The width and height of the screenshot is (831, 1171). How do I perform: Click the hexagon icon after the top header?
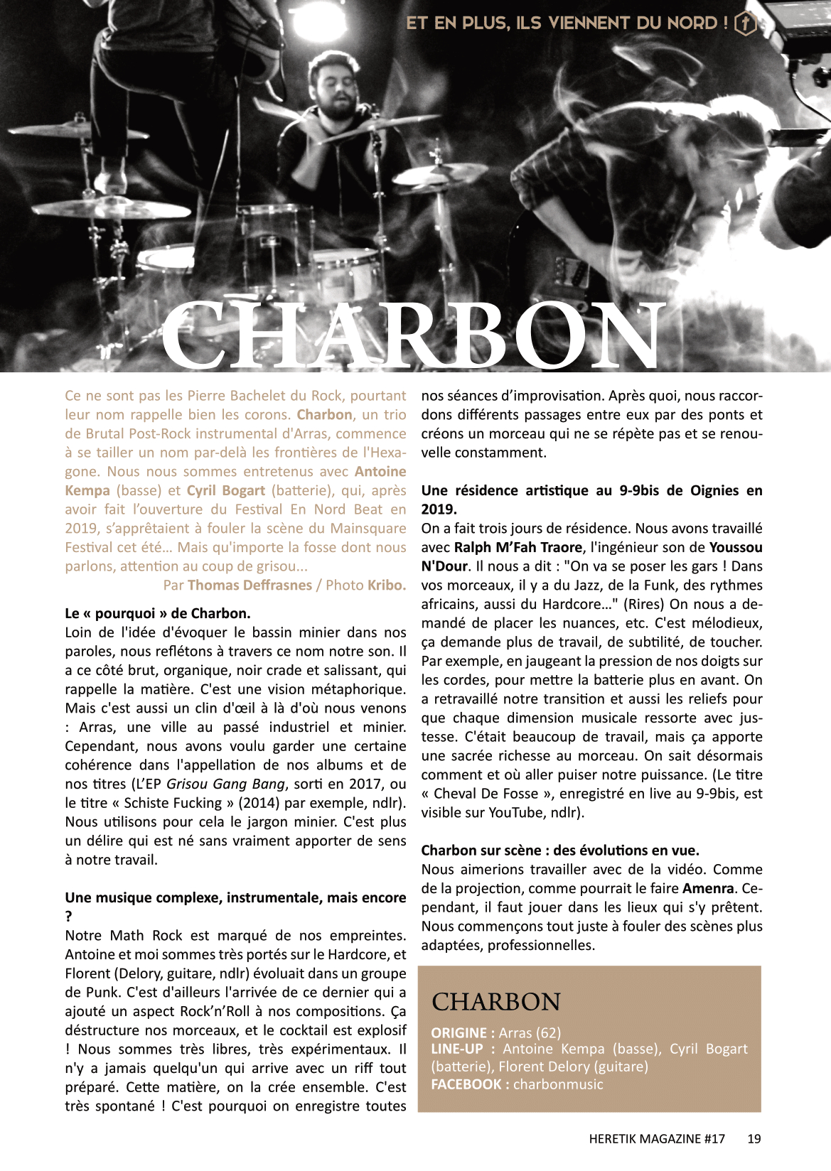[x=744, y=23]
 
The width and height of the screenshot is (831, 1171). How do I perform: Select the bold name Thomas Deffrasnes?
[x=250, y=585]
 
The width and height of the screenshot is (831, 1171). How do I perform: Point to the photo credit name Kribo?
[x=387, y=585]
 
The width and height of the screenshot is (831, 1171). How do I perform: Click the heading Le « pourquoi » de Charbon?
[x=158, y=613]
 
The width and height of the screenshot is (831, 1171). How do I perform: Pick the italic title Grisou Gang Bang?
[x=225, y=784]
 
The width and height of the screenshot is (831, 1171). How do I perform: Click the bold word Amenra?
[x=708, y=888]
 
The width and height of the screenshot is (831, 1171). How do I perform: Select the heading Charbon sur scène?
[x=560, y=851]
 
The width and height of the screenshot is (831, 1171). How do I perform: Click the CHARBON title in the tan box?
[x=496, y=1002]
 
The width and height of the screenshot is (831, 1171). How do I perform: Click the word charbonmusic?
[x=558, y=1084]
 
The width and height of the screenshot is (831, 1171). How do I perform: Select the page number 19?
[x=754, y=1138]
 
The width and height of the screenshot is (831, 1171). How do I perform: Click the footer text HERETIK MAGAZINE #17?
[x=657, y=1138]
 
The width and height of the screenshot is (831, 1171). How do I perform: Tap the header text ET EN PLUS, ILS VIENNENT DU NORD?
[x=567, y=23]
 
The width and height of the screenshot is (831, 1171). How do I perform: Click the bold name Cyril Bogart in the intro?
[x=226, y=490]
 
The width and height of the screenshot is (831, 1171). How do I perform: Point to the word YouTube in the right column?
[x=517, y=812]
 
